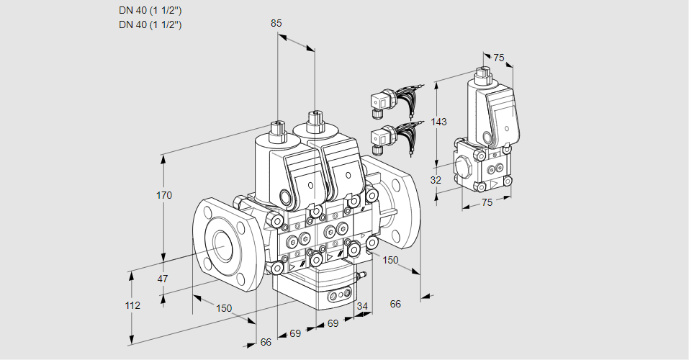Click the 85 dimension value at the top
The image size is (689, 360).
(x=276, y=23)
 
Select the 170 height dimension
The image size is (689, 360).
(x=165, y=195)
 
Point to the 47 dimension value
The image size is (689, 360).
(x=163, y=278)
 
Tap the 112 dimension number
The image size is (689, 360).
(x=132, y=305)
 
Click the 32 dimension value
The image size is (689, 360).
(x=436, y=180)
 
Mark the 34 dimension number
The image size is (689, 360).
(x=362, y=306)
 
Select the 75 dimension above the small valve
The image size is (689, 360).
(x=499, y=58)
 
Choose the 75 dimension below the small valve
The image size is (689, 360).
(x=487, y=202)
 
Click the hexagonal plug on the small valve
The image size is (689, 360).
(x=465, y=168)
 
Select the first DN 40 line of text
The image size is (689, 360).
(x=150, y=11)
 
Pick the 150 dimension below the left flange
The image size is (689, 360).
(x=224, y=308)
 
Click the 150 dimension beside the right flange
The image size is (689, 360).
(x=390, y=260)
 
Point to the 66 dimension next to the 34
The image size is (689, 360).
(x=395, y=304)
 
